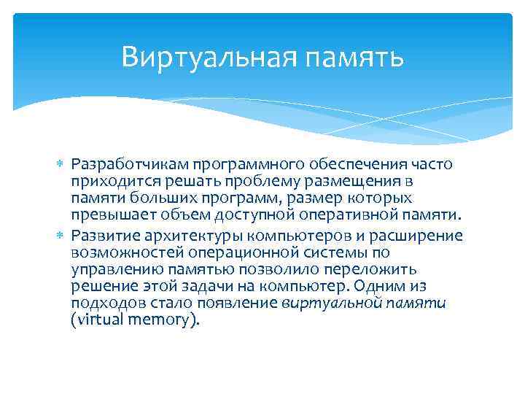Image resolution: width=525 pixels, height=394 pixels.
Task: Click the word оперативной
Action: click(365, 217)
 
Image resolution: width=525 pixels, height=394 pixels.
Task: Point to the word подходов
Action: click(104, 304)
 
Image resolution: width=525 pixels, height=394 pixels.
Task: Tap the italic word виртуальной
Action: click(323, 304)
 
